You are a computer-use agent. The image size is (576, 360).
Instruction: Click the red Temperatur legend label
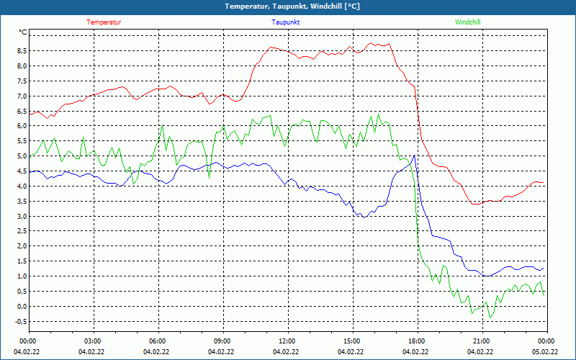tap(104, 22)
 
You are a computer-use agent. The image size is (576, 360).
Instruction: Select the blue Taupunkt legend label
tap(286, 22)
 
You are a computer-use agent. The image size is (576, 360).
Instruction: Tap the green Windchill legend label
tap(468, 22)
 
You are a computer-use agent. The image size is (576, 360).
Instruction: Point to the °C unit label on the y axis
tap(23, 32)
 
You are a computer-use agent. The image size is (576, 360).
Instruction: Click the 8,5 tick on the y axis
tap(22, 51)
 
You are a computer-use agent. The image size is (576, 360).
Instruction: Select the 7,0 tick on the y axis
tap(22, 96)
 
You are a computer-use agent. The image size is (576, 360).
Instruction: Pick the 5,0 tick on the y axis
tap(22, 156)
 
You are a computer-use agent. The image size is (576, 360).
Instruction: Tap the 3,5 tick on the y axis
tap(22, 201)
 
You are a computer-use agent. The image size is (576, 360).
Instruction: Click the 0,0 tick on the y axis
tap(22, 306)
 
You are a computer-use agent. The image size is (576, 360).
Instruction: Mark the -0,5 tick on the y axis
tap(20, 321)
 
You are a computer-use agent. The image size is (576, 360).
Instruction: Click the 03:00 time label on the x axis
tap(93, 341)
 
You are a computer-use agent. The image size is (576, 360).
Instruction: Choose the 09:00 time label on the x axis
tap(222, 341)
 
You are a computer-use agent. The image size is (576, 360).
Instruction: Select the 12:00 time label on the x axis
tap(287, 341)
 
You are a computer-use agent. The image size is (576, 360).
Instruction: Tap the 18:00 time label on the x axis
tap(416, 341)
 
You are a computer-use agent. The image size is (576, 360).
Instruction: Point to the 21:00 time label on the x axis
tap(481, 341)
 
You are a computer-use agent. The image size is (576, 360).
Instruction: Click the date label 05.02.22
tap(546, 352)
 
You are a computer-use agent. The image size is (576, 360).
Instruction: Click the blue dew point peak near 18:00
tap(413, 156)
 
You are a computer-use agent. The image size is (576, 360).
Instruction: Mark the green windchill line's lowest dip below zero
tap(490, 318)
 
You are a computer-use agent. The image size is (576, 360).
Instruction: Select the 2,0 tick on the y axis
tap(22, 246)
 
